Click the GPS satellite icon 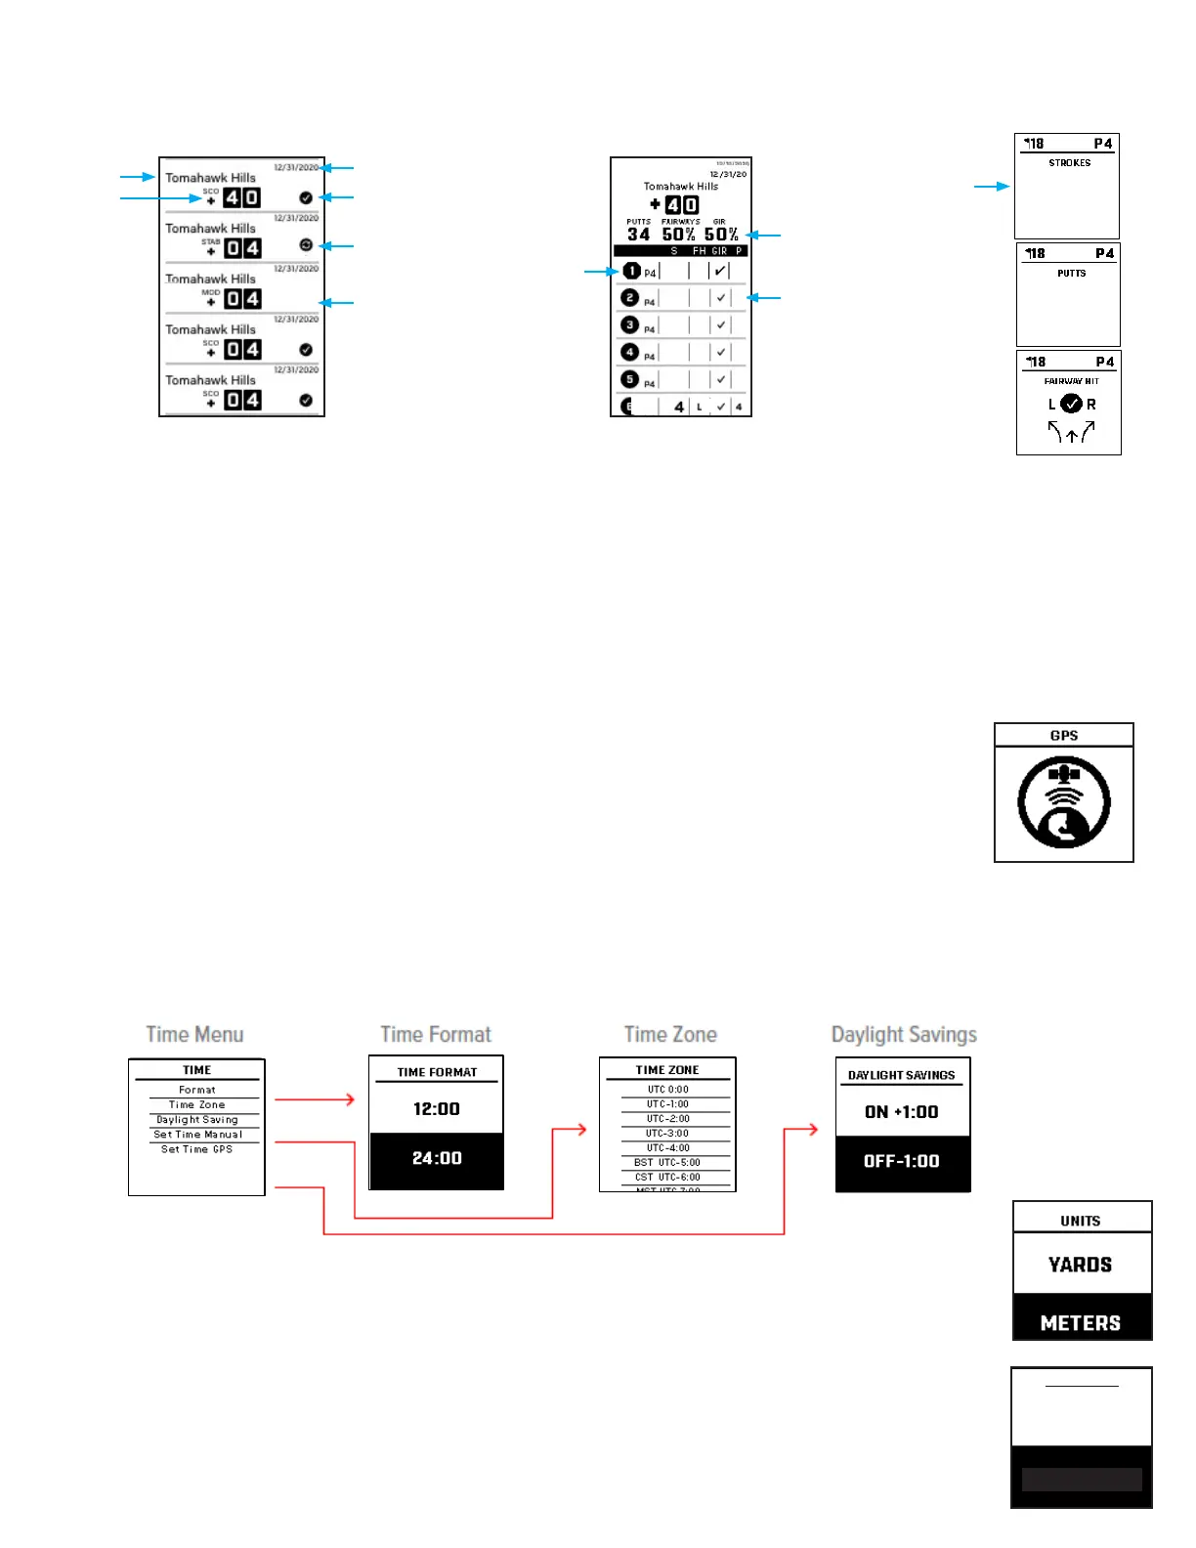pyautogui.click(x=1063, y=802)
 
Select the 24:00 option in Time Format pyautogui.click(x=437, y=1158)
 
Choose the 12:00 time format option pyautogui.click(x=437, y=1109)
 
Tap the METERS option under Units pyautogui.click(x=1081, y=1322)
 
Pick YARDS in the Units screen pyautogui.click(x=1081, y=1265)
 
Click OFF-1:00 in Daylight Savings pyautogui.click(x=902, y=1161)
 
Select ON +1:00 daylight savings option pyautogui.click(x=902, y=1112)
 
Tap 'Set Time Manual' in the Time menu pyautogui.click(x=197, y=1135)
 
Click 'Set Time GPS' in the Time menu pyautogui.click(x=197, y=1149)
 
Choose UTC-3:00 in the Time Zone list pyautogui.click(x=667, y=1134)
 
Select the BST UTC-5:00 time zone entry pyautogui.click(x=667, y=1163)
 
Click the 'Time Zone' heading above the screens pyautogui.click(x=670, y=1034)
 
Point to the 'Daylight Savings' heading pyautogui.click(x=904, y=1034)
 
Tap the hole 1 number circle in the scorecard pyautogui.click(x=631, y=271)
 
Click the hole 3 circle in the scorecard pyautogui.click(x=630, y=324)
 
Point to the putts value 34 pyautogui.click(x=638, y=235)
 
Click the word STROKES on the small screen pyautogui.click(x=1070, y=163)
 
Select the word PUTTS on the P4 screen pyautogui.click(x=1071, y=274)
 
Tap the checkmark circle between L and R pyautogui.click(x=1072, y=404)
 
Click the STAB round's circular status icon pyautogui.click(x=306, y=245)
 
